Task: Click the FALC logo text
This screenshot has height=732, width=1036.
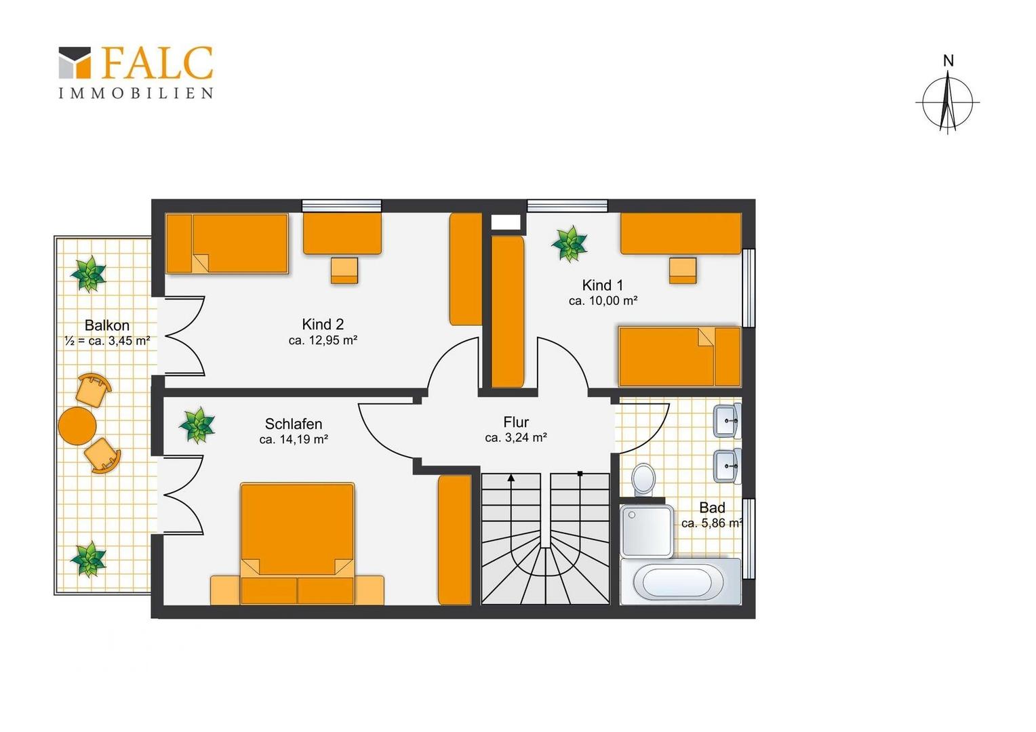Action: tap(157, 62)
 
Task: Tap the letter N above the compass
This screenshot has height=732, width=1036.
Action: tap(948, 60)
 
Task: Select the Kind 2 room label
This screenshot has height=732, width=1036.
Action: tap(323, 324)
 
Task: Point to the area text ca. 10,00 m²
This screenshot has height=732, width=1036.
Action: tap(603, 300)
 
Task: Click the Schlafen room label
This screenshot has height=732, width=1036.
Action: tap(294, 424)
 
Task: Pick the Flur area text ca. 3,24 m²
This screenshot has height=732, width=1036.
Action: tap(516, 437)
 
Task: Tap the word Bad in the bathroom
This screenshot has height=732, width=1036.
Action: tap(712, 508)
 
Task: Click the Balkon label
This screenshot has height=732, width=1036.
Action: tap(107, 325)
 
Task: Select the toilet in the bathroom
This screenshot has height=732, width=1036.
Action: tap(643, 479)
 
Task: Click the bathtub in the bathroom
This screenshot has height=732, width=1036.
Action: tap(680, 582)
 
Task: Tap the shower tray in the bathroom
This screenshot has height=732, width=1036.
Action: tap(647, 531)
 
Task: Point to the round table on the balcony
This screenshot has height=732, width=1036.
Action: tap(77, 426)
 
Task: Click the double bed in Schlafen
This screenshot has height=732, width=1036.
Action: tap(298, 544)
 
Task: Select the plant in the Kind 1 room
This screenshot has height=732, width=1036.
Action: tap(570, 244)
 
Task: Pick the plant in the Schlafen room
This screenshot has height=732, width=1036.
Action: tap(197, 425)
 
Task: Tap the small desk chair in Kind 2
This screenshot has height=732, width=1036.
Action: tap(344, 270)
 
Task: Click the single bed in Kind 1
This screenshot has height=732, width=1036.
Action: tap(680, 357)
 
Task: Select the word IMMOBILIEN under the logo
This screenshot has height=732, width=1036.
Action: tap(136, 93)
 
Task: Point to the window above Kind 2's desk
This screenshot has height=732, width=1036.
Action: tap(342, 206)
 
